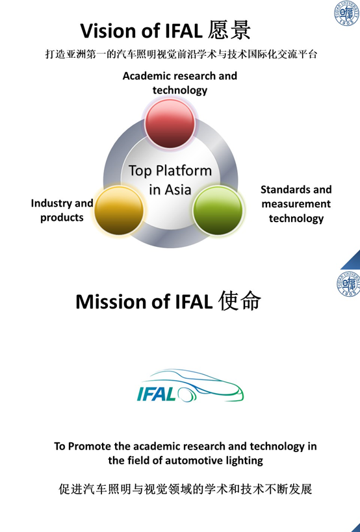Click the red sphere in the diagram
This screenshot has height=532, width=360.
170,123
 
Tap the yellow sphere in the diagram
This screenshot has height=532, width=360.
119,210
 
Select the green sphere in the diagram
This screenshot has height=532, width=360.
218,210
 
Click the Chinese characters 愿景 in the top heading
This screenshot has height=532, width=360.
229,30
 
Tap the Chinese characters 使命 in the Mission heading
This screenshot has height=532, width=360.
240,301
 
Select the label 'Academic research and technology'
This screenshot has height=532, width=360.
180,82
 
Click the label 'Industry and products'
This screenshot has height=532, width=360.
62,210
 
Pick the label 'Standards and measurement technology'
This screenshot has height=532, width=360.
296,203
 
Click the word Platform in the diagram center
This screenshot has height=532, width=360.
183,171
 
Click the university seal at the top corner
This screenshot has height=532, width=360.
347,13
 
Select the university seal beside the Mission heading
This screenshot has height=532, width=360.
348,284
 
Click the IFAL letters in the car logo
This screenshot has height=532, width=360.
157,394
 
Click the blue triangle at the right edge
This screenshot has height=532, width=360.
352,260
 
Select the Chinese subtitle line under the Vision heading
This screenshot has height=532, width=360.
181,55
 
